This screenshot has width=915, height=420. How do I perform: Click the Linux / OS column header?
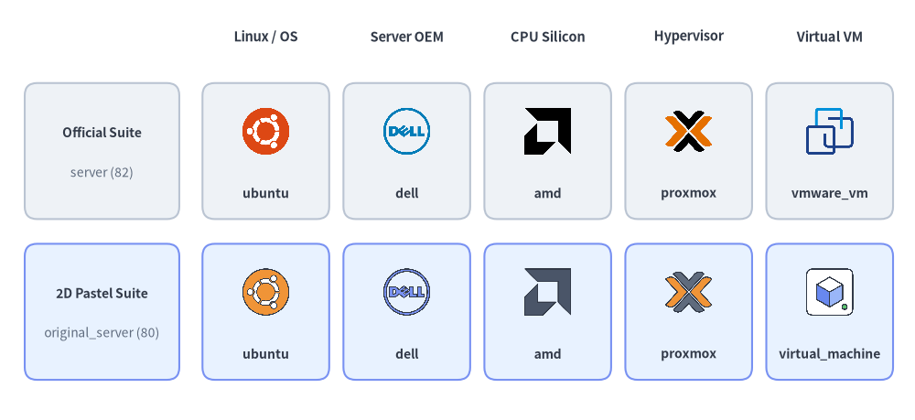pyautogui.click(x=265, y=37)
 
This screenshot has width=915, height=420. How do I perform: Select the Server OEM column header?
pyautogui.click(x=407, y=37)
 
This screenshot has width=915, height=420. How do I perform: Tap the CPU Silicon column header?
pyautogui.click(x=547, y=37)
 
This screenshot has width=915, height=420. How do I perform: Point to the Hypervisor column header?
pyautogui.click(x=689, y=37)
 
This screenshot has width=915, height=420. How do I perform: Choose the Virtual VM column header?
pyautogui.click(x=829, y=37)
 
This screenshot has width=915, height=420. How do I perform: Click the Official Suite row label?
pyautogui.click(x=102, y=133)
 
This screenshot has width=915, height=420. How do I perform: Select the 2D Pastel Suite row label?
pyautogui.click(x=102, y=294)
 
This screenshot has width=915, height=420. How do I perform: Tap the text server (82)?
pyautogui.click(x=102, y=173)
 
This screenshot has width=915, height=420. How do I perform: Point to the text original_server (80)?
pyautogui.click(x=102, y=333)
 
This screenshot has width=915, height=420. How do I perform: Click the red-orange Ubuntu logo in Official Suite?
pyautogui.click(x=265, y=131)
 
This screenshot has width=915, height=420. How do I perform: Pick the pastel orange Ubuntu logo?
pyautogui.click(x=265, y=292)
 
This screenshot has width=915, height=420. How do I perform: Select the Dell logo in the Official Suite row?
pyautogui.click(x=407, y=131)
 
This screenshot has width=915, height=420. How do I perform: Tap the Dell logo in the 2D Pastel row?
pyautogui.click(x=407, y=292)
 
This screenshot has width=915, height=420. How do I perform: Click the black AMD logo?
pyautogui.click(x=547, y=131)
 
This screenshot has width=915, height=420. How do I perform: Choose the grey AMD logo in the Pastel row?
pyautogui.click(x=547, y=292)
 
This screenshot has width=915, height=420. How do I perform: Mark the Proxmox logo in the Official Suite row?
pyautogui.click(x=689, y=131)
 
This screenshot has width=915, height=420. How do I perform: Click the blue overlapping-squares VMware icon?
pyautogui.click(x=829, y=131)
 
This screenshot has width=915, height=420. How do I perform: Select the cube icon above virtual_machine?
pyautogui.click(x=829, y=292)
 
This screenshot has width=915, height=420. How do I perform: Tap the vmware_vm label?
pyautogui.click(x=829, y=193)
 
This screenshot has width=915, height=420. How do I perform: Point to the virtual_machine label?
pyautogui.click(x=829, y=354)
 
